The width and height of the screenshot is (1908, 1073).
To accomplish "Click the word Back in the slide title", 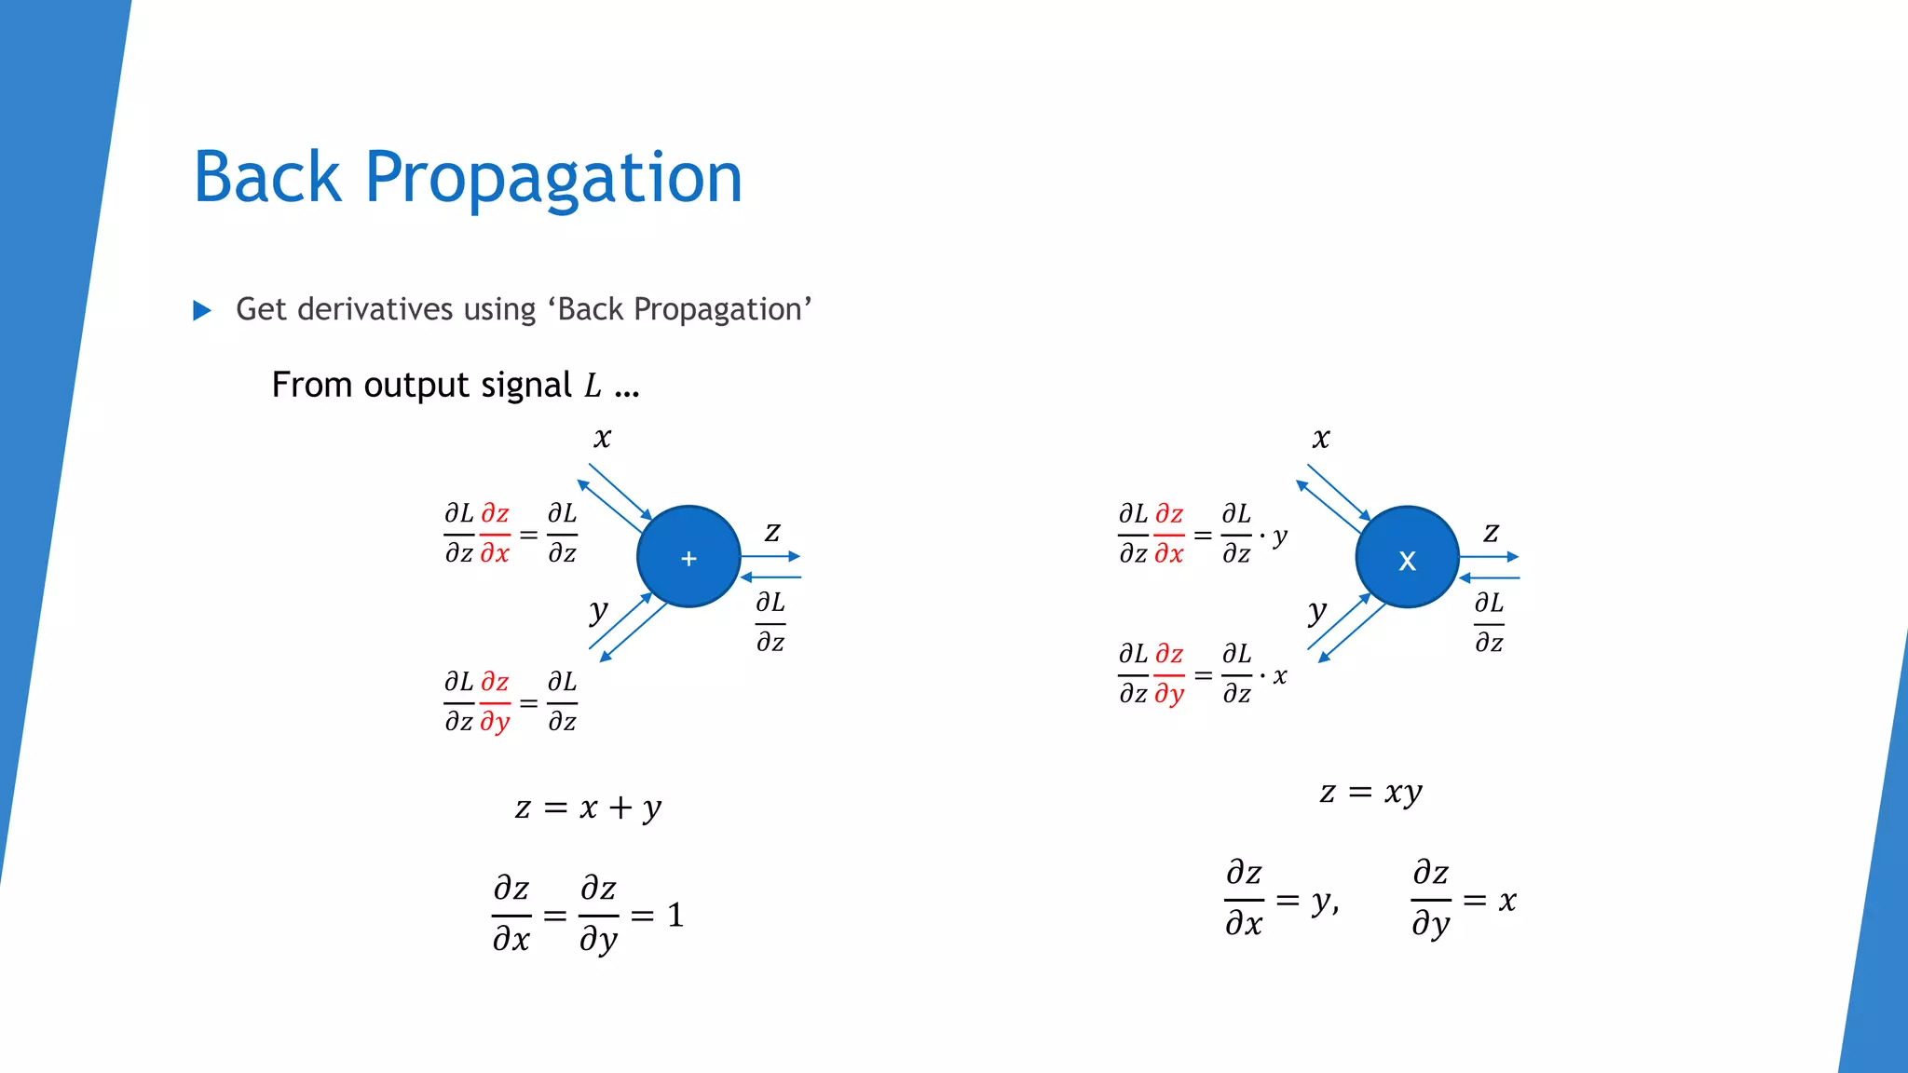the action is [x=267, y=177].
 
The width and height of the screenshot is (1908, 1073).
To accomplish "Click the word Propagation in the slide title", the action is [x=553, y=179].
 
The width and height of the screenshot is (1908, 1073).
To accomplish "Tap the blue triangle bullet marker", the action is [x=201, y=310].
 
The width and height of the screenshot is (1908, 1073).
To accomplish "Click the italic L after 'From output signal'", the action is [x=593, y=386].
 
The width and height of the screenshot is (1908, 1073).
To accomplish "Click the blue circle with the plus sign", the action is [x=688, y=557].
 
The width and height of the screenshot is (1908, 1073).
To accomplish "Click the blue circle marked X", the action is [x=1407, y=557].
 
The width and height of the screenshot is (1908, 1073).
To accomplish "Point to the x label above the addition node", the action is [x=603, y=438].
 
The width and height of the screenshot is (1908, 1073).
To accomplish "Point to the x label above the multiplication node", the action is [x=1321, y=438].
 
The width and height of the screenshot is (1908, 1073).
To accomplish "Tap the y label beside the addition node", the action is [x=598, y=612].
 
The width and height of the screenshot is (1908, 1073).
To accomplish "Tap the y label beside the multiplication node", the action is [x=1316, y=612].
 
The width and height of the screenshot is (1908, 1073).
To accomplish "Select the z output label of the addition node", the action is [x=772, y=532].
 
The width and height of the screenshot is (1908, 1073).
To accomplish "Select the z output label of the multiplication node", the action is [x=1491, y=532].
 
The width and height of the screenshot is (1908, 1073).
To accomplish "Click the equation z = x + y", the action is [x=588, y=808].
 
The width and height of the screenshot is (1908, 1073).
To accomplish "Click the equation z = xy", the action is [x=1370, y=793].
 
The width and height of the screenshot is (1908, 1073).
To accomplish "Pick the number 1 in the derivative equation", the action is [x=675, y=916].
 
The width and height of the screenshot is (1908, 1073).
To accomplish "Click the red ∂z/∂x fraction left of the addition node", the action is [x=495, y=534].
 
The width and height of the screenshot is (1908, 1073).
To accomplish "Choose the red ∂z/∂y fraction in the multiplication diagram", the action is [x=1169, y=674].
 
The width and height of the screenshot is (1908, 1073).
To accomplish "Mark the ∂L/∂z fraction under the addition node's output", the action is [x=770, y=622].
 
